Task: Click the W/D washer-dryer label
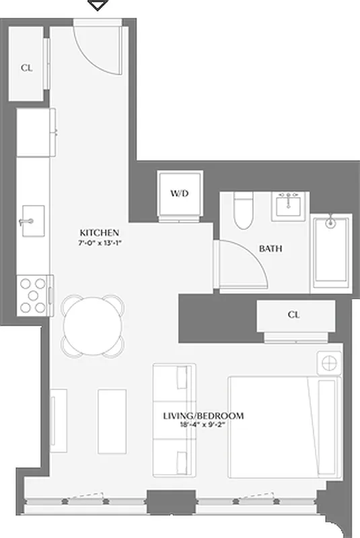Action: tap(179, 194)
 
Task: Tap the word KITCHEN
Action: tap(98, 231)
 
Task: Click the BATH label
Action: tap(271, 248)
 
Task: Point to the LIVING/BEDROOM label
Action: tap(203, 416)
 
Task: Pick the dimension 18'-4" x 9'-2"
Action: tap(203, 426)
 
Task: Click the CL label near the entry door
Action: tap(26, 67)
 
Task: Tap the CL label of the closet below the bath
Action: tap(293, 315)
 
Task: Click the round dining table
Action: tap(94, 327)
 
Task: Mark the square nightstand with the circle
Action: tap(330, 364)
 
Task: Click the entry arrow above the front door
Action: tap(100, 5)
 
